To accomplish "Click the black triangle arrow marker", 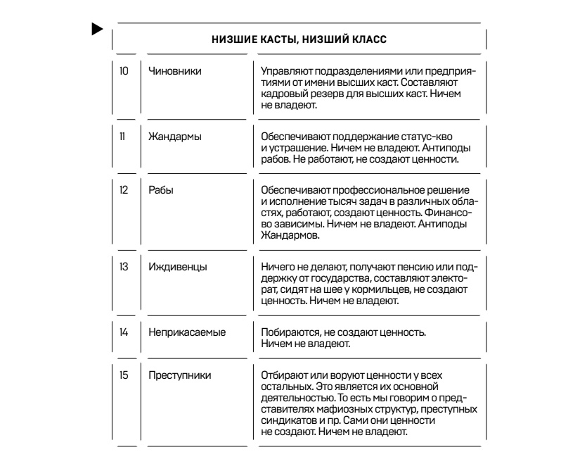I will (97, 30).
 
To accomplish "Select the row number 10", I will (124, 72).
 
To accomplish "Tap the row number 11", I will (124, 136).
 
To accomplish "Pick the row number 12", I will (124, 192).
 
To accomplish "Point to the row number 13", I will (124, 266).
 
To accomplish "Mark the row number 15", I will (124, 373).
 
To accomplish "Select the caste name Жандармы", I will (172, 136).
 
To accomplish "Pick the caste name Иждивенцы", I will (173, 266).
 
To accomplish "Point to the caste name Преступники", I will (175, 373).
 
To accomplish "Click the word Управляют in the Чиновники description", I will (283, 72).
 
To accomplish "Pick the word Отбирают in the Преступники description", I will (280, 373).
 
